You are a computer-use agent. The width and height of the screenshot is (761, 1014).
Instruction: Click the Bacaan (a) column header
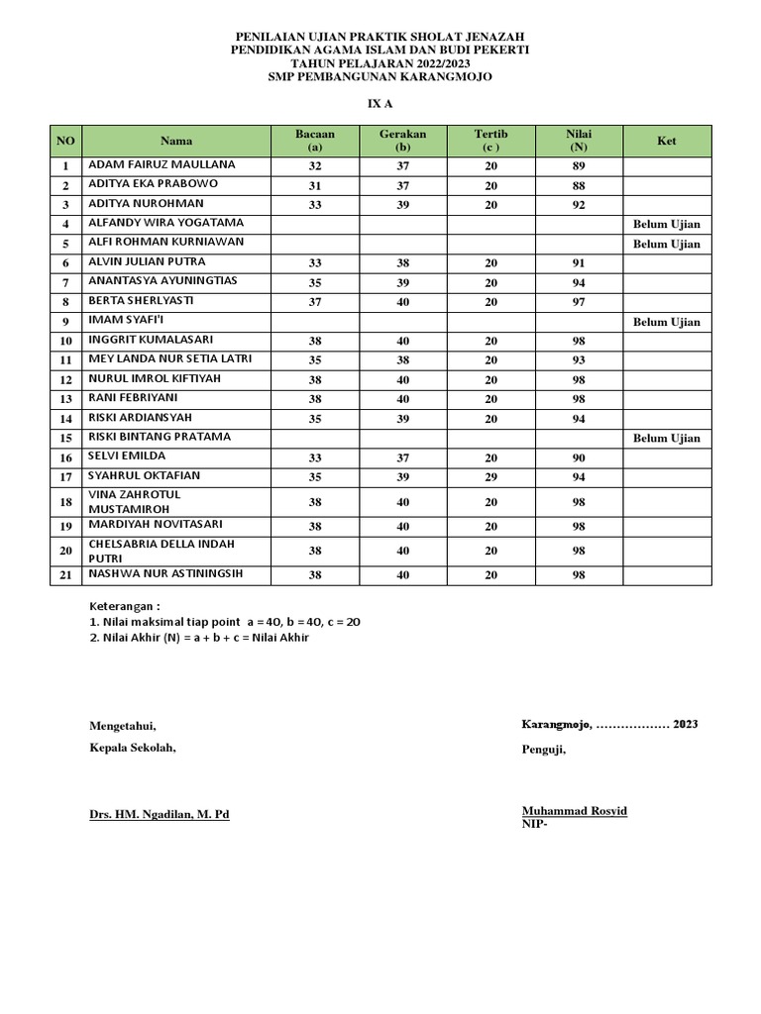coord(315,141)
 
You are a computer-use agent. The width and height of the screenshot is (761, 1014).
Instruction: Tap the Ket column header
coord(666,141)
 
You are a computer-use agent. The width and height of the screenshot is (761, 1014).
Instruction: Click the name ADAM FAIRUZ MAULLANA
coord(163,164)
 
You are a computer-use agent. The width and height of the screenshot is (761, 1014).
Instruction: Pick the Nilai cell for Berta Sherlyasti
coord(579,302)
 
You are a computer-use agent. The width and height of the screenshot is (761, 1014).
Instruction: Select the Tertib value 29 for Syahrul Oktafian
coord(490,477)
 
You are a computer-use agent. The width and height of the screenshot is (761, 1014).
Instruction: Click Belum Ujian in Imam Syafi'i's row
coord(666,322)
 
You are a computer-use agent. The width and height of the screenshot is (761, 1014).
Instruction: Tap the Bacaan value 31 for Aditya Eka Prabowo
coord(315,186)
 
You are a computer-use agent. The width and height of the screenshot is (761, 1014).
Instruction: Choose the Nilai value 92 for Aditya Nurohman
coord(579,205)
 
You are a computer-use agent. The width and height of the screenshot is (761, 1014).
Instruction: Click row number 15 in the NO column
coord(66,439)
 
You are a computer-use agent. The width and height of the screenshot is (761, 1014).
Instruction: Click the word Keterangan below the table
coord(124,606)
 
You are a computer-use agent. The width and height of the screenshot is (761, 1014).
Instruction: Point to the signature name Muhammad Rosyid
coord(574,811)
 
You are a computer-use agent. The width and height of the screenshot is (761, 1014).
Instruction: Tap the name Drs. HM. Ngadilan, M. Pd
coord(159,815)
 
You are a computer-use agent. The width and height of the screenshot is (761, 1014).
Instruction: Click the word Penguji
coord(543,750)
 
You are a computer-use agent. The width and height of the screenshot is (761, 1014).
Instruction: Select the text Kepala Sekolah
coord(132,748)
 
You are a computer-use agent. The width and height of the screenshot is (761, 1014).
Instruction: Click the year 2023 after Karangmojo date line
coord(685,724)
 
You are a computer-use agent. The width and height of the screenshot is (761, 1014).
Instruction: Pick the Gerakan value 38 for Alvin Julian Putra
coord(401,263)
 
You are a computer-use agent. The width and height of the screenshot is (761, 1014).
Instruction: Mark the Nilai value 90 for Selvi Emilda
coord(579,458)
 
